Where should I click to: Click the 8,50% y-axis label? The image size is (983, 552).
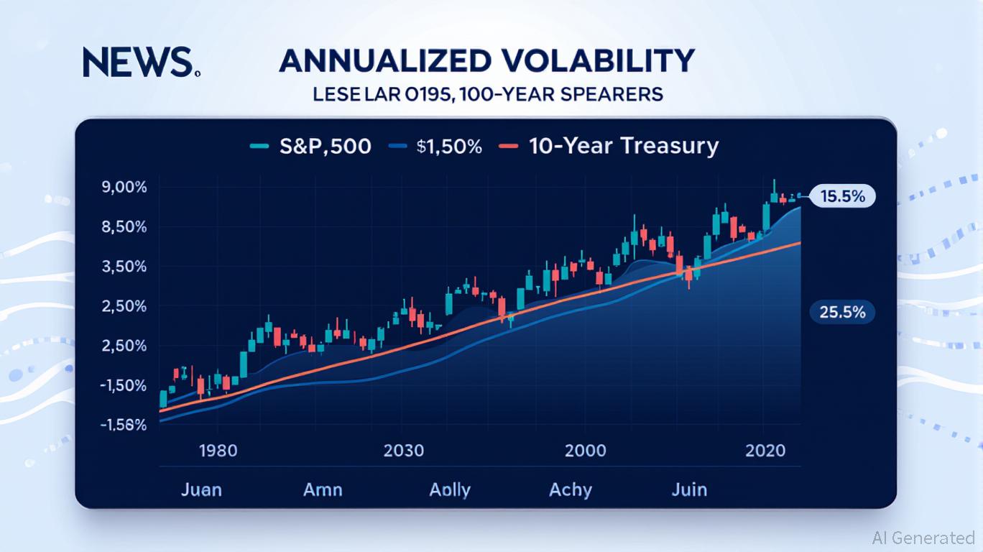tap(125, 226)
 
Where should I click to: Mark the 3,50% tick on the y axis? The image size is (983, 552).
tap(125, 266)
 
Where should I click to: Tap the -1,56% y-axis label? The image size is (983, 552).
tap(124, 424)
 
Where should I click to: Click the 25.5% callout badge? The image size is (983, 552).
tap(841, 312)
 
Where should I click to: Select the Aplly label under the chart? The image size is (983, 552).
tap(450, 490)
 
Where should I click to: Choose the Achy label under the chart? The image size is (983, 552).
tap(571, 490)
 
